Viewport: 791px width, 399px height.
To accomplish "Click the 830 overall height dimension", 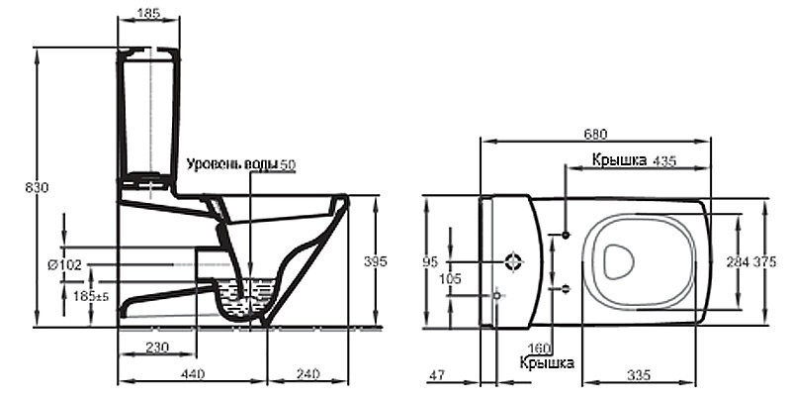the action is tap(37, 188).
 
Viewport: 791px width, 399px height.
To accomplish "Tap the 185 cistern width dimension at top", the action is tap(148, 13).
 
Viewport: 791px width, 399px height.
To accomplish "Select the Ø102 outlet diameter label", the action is tap(64, 264).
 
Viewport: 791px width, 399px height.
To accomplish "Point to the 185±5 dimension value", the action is tap(91, 296).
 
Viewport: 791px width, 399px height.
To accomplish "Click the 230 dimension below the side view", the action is tap(157, 348).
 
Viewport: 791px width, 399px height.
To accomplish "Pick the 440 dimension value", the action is tap(193, 374).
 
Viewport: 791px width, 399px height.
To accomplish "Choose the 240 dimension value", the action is tap(308, 374).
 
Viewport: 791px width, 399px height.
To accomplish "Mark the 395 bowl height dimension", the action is tap(376, 261).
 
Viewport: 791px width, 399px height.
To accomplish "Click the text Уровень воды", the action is tap(232, 164).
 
